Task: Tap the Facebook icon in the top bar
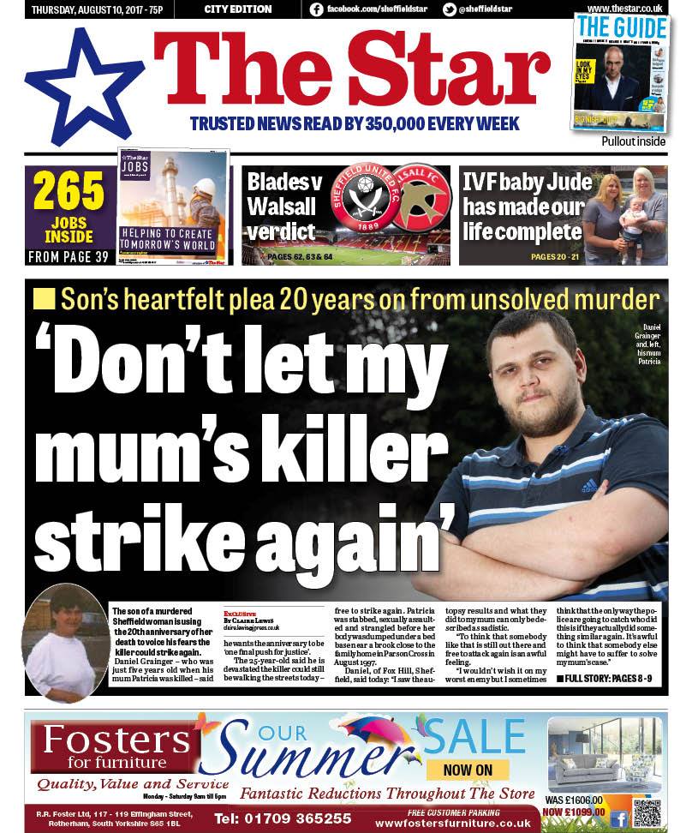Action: click(x=316, y=9)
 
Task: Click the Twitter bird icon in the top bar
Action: click(x=449, y=9)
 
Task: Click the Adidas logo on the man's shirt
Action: click(x=588, y=486)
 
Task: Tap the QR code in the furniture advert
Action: click(x=647, y=810)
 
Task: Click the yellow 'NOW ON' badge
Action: click(x=468, y=770)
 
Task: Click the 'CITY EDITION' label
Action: click(x=238, y=9)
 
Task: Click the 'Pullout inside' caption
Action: click(x=633, y=141)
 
